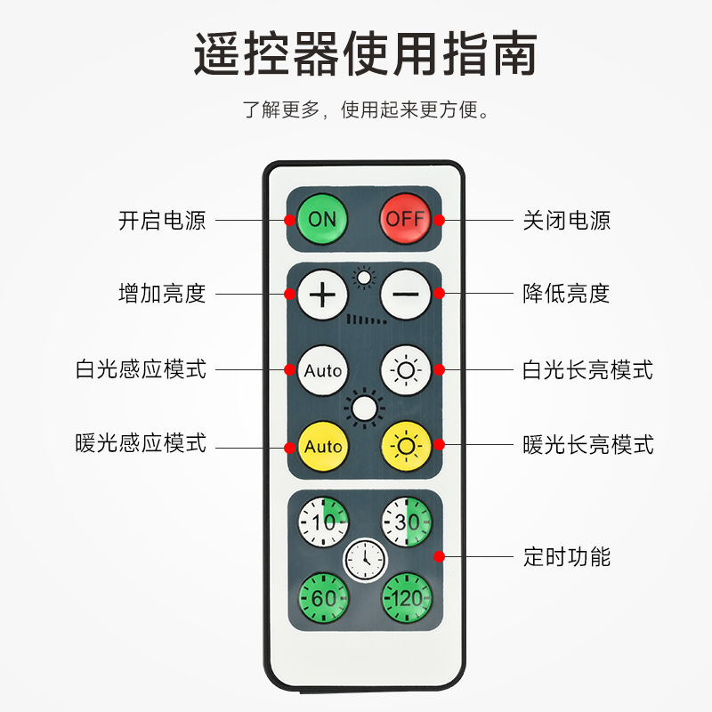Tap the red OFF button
point(405,218)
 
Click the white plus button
point(323,294)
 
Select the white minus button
point(406,294)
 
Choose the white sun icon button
point(407,369)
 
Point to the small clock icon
point(365,559)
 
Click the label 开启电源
point(162,220)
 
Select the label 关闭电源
point(567,220)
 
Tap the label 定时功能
point(567,558)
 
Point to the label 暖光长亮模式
point(588,443)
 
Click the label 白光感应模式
point(141,368)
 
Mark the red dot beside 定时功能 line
point(439,557)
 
